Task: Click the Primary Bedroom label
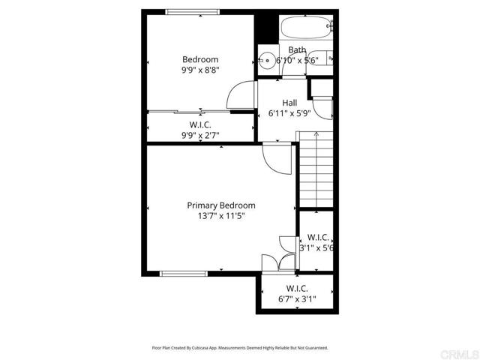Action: click(221, 205)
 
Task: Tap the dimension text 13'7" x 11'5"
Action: click(221, 216)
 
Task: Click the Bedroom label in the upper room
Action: click(200, 60)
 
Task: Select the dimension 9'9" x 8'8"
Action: click(200, 70)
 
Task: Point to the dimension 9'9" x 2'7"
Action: click(200, 135)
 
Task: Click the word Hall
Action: click(289, 103)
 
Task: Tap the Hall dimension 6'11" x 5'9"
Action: click(289, 114)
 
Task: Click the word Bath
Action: click(298, 50)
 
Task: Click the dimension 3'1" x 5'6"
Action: click(316, 247)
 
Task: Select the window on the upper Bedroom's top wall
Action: click(193, 11)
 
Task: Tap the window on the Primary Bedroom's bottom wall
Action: click(178, 273)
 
